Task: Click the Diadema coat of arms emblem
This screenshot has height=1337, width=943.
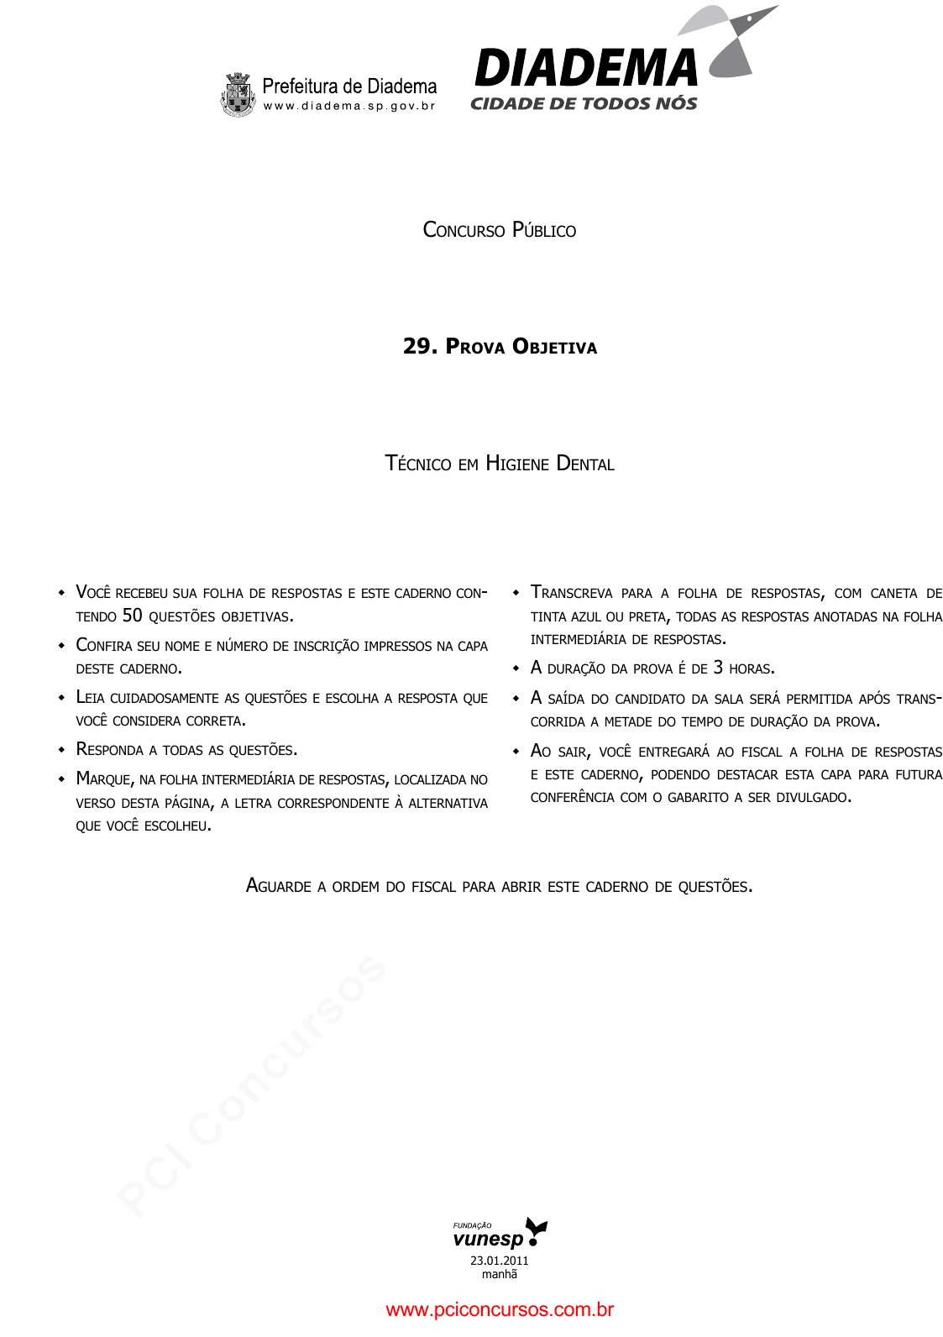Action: [x=238, y=94]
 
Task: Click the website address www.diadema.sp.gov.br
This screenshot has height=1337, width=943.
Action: [x=349, y=107]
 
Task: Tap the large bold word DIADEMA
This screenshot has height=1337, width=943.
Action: [x=585, y=69]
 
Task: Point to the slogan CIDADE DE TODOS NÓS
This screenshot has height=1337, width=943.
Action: [x=584, y=104]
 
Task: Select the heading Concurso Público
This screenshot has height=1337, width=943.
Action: [x=499, y=230]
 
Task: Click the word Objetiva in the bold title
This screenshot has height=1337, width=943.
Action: [x=554, y=347]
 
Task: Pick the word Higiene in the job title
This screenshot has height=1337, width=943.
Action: [x=517, y=464]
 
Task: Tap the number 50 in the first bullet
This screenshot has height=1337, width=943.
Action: [x=133, y=616]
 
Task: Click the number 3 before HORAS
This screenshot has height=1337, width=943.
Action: [x=718, y=668]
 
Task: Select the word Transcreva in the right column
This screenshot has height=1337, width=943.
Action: [x=572, y=593]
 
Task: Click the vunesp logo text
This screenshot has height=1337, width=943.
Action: [x=488, y=1240]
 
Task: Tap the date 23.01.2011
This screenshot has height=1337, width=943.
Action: [x=500, y=1261]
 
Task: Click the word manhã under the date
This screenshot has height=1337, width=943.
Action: [x=500, y=1275]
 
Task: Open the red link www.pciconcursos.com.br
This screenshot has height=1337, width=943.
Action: [x=500, y=1310]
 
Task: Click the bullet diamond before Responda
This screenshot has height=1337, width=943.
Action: [x=61, y=749]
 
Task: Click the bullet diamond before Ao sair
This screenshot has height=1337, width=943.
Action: [x=516, y=752]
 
